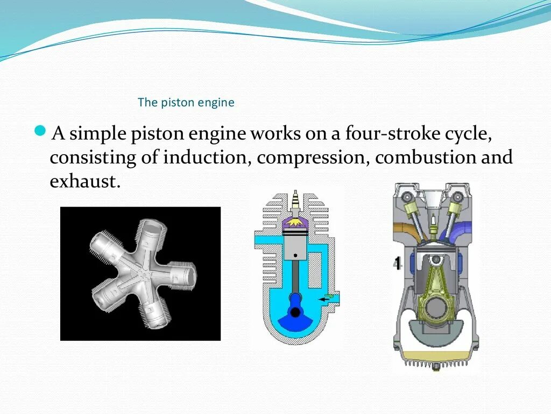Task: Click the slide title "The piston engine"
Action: pyautogui.click(x=186, y=102)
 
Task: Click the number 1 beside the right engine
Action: pyautogui.click(x=397, y=264)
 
